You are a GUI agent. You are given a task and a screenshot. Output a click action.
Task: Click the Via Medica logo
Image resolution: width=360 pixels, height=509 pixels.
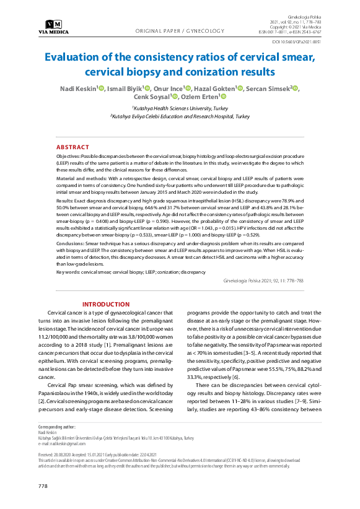click(53, 26)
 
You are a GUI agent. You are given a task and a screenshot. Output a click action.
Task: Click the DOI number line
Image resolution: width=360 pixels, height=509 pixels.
click(297, 42)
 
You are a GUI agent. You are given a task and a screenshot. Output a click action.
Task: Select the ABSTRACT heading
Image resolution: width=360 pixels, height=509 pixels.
click(72, 147)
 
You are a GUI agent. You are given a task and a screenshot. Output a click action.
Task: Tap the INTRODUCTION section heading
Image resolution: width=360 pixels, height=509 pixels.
click(106, 305)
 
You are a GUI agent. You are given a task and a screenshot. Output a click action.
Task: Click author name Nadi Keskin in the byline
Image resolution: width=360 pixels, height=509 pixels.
click(77, 89)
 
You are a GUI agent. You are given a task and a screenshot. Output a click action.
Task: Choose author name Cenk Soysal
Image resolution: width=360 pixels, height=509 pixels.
click(152, 97)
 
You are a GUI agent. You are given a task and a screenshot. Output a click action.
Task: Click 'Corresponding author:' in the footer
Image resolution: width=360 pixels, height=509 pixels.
click(57, 427)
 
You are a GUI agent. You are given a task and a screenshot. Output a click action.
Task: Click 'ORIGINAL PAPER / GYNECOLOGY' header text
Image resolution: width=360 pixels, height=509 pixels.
click(180, 30)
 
